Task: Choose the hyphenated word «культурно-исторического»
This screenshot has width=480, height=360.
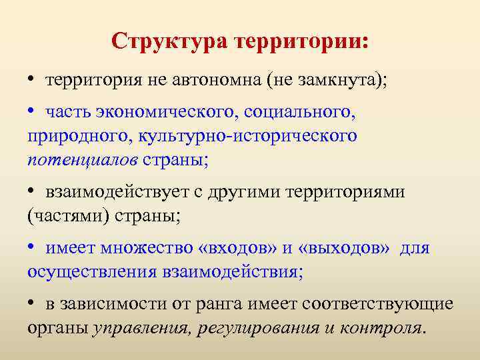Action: (x=246, y=137)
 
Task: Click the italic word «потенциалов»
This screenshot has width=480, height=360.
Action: (x=82, y=161)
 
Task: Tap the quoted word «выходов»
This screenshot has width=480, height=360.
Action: (x=345, y=249)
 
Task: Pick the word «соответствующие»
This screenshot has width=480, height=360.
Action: (x=377, y=305)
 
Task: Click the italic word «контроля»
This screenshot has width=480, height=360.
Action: (x=382, y=329)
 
